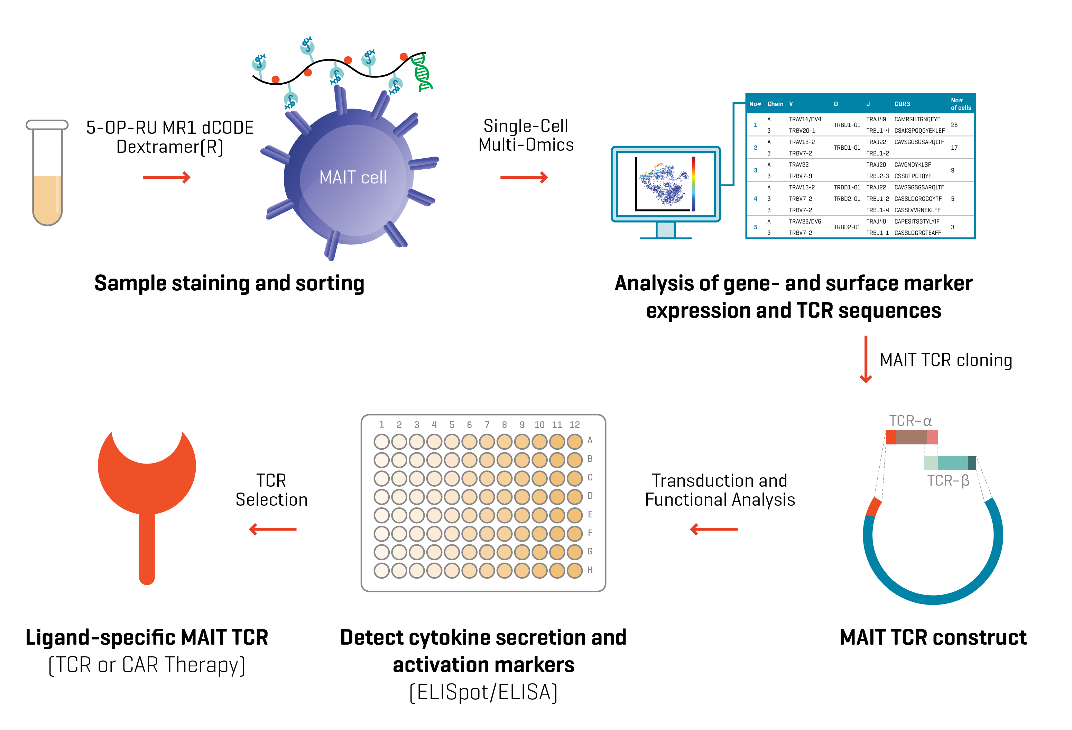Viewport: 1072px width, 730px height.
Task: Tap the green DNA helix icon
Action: pos(422,73)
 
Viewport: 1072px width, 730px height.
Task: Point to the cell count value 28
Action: pos(954,125)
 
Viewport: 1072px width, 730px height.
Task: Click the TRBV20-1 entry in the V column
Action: pos(802,131)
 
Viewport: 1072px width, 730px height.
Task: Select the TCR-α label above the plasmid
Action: pos(910,421)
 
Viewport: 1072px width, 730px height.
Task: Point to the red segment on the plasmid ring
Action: pos(874,507)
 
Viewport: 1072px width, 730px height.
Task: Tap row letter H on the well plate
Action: pos(590,570)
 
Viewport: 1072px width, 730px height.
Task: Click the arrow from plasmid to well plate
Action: pos(714,529)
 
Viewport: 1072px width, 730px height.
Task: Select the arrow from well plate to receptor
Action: pos(272,529)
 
